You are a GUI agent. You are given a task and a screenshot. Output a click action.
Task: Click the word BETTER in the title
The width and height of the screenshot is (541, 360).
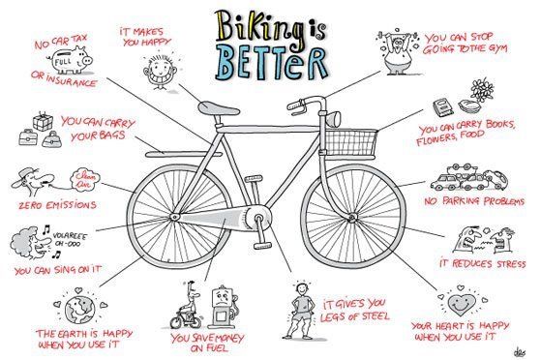tap(272, 64)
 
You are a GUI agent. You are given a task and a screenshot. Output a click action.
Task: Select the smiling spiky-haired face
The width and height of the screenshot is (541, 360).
tap(160, 70)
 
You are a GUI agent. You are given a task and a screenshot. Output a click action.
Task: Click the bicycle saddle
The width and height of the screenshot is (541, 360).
tap(218, 108)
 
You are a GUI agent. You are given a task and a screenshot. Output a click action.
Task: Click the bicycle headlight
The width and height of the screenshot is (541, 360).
tap(334, 118)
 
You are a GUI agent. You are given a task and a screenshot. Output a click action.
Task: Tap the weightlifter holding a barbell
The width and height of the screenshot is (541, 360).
tap(398, 51)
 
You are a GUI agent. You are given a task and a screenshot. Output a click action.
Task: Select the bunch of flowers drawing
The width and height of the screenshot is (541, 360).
tap(482, 89)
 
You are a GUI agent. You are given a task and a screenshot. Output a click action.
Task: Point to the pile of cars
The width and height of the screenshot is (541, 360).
tap(469, 177)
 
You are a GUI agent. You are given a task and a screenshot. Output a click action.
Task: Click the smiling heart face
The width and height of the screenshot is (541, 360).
tap(462, 303)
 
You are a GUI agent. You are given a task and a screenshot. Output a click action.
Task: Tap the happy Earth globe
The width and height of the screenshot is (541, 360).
tap(80, 308)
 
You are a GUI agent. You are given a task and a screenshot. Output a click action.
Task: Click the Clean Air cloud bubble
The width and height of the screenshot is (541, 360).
tap(84, 180)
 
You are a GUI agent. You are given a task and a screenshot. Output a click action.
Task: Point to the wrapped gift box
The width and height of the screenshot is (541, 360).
tap(43, 122)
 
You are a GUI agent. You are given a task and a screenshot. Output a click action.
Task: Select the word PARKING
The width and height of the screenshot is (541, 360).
tap(462, 200)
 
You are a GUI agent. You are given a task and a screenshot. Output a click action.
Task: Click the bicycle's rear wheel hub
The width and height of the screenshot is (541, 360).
tap(174, 217)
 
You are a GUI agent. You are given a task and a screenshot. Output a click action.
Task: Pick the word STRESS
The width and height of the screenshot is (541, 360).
tap(511, 264)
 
